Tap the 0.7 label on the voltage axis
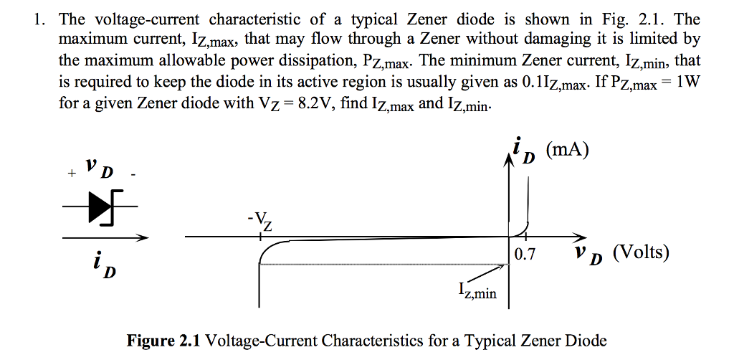tap(525, 254)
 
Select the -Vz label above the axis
tap(262, 222)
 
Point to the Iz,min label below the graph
tap(477, 291)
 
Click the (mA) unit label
tap(566, 150)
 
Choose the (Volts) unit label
tap(641, 252)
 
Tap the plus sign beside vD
tap(71, 174)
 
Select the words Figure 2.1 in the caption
tap(164, 340)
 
